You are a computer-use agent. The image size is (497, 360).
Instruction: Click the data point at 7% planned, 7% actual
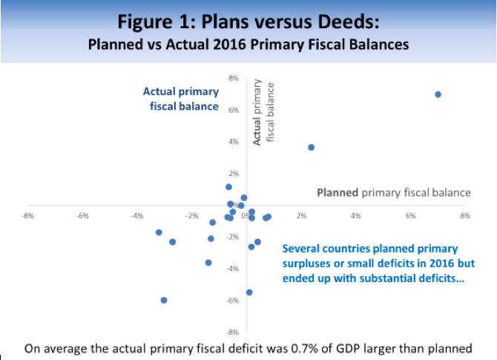tap(438, 94)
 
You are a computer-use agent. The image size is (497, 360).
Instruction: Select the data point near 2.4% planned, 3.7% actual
tap(311, 147)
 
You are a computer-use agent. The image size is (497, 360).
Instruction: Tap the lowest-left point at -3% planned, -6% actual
tap(163, 300)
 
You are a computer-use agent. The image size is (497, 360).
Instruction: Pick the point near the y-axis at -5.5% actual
tap(249, 292)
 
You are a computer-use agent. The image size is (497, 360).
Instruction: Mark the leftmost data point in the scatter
tap(159, 232)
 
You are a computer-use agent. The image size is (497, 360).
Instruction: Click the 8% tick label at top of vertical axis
tap(233, 79)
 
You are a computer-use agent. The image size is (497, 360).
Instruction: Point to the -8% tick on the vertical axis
tap(232, 332)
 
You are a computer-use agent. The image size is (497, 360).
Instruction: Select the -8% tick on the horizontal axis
tap(27, 216)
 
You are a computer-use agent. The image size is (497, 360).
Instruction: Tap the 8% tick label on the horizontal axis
tap(465, 216)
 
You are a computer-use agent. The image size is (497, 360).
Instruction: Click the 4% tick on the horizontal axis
tap(355, 216)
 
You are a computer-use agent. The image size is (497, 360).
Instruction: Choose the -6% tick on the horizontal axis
tap(82, 216)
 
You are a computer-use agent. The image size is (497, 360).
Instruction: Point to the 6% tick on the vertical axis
tap(233, 110)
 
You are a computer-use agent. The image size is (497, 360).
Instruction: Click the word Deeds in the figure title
tap(348, 22)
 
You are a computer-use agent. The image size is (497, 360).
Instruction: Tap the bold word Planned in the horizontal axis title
tap(338, 192)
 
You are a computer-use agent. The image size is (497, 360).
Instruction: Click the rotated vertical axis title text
tap(263, 112)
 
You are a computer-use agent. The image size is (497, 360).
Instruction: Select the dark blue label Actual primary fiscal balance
tap(181, 99)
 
